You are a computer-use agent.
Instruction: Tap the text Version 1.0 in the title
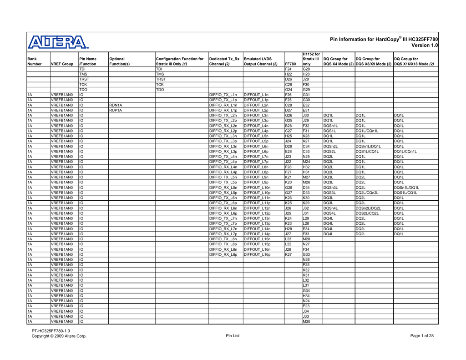click(x=424, y=46)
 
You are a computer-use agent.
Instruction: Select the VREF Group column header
click(x=62, y=64)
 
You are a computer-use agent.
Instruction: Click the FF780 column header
click(x=290, y=64)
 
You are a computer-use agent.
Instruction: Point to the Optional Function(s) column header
click(x=120, y=61)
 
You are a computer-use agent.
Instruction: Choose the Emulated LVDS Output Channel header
click(x=261, y=61)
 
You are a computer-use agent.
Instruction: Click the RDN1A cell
click(x=116, y=105)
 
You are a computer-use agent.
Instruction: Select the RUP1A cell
click(x=116, y=110)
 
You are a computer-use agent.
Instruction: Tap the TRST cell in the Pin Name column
click(x=85, y=79)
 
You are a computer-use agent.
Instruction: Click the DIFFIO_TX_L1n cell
click(x=223, y=95)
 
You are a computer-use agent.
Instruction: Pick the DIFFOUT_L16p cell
click(x=257, y=255)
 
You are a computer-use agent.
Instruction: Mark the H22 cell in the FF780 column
click(x=288, y=74)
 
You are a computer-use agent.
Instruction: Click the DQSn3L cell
click(x=330, y=188)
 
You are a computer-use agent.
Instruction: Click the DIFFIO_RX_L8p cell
click(x=223, y=255)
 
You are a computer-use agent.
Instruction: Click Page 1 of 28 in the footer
click(x=422, y=336)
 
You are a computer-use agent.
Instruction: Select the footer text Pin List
click(x=232, y=336)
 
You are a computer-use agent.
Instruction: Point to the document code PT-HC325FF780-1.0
click(x=51, y=331)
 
